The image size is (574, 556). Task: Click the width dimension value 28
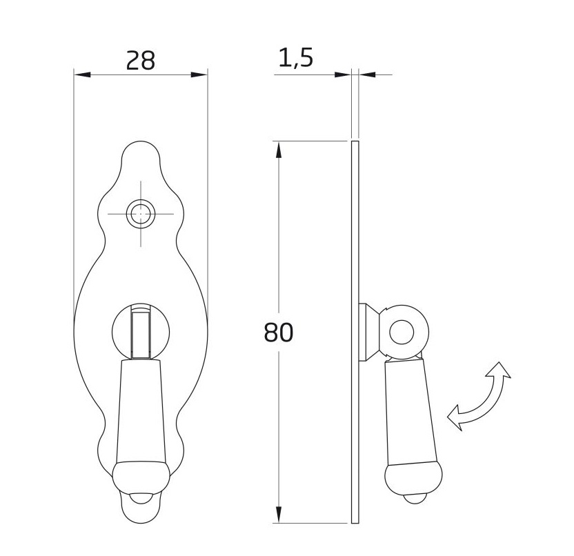point(140,61)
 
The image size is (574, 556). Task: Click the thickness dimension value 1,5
point(295,58)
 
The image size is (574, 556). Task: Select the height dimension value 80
point(278,332)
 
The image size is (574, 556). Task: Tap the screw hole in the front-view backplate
point(141,214)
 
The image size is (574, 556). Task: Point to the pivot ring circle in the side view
point(402,332)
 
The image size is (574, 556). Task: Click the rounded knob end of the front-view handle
point(141,477)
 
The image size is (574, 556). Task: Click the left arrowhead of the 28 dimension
point(82,75)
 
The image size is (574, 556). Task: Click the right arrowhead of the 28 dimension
point(199,75)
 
